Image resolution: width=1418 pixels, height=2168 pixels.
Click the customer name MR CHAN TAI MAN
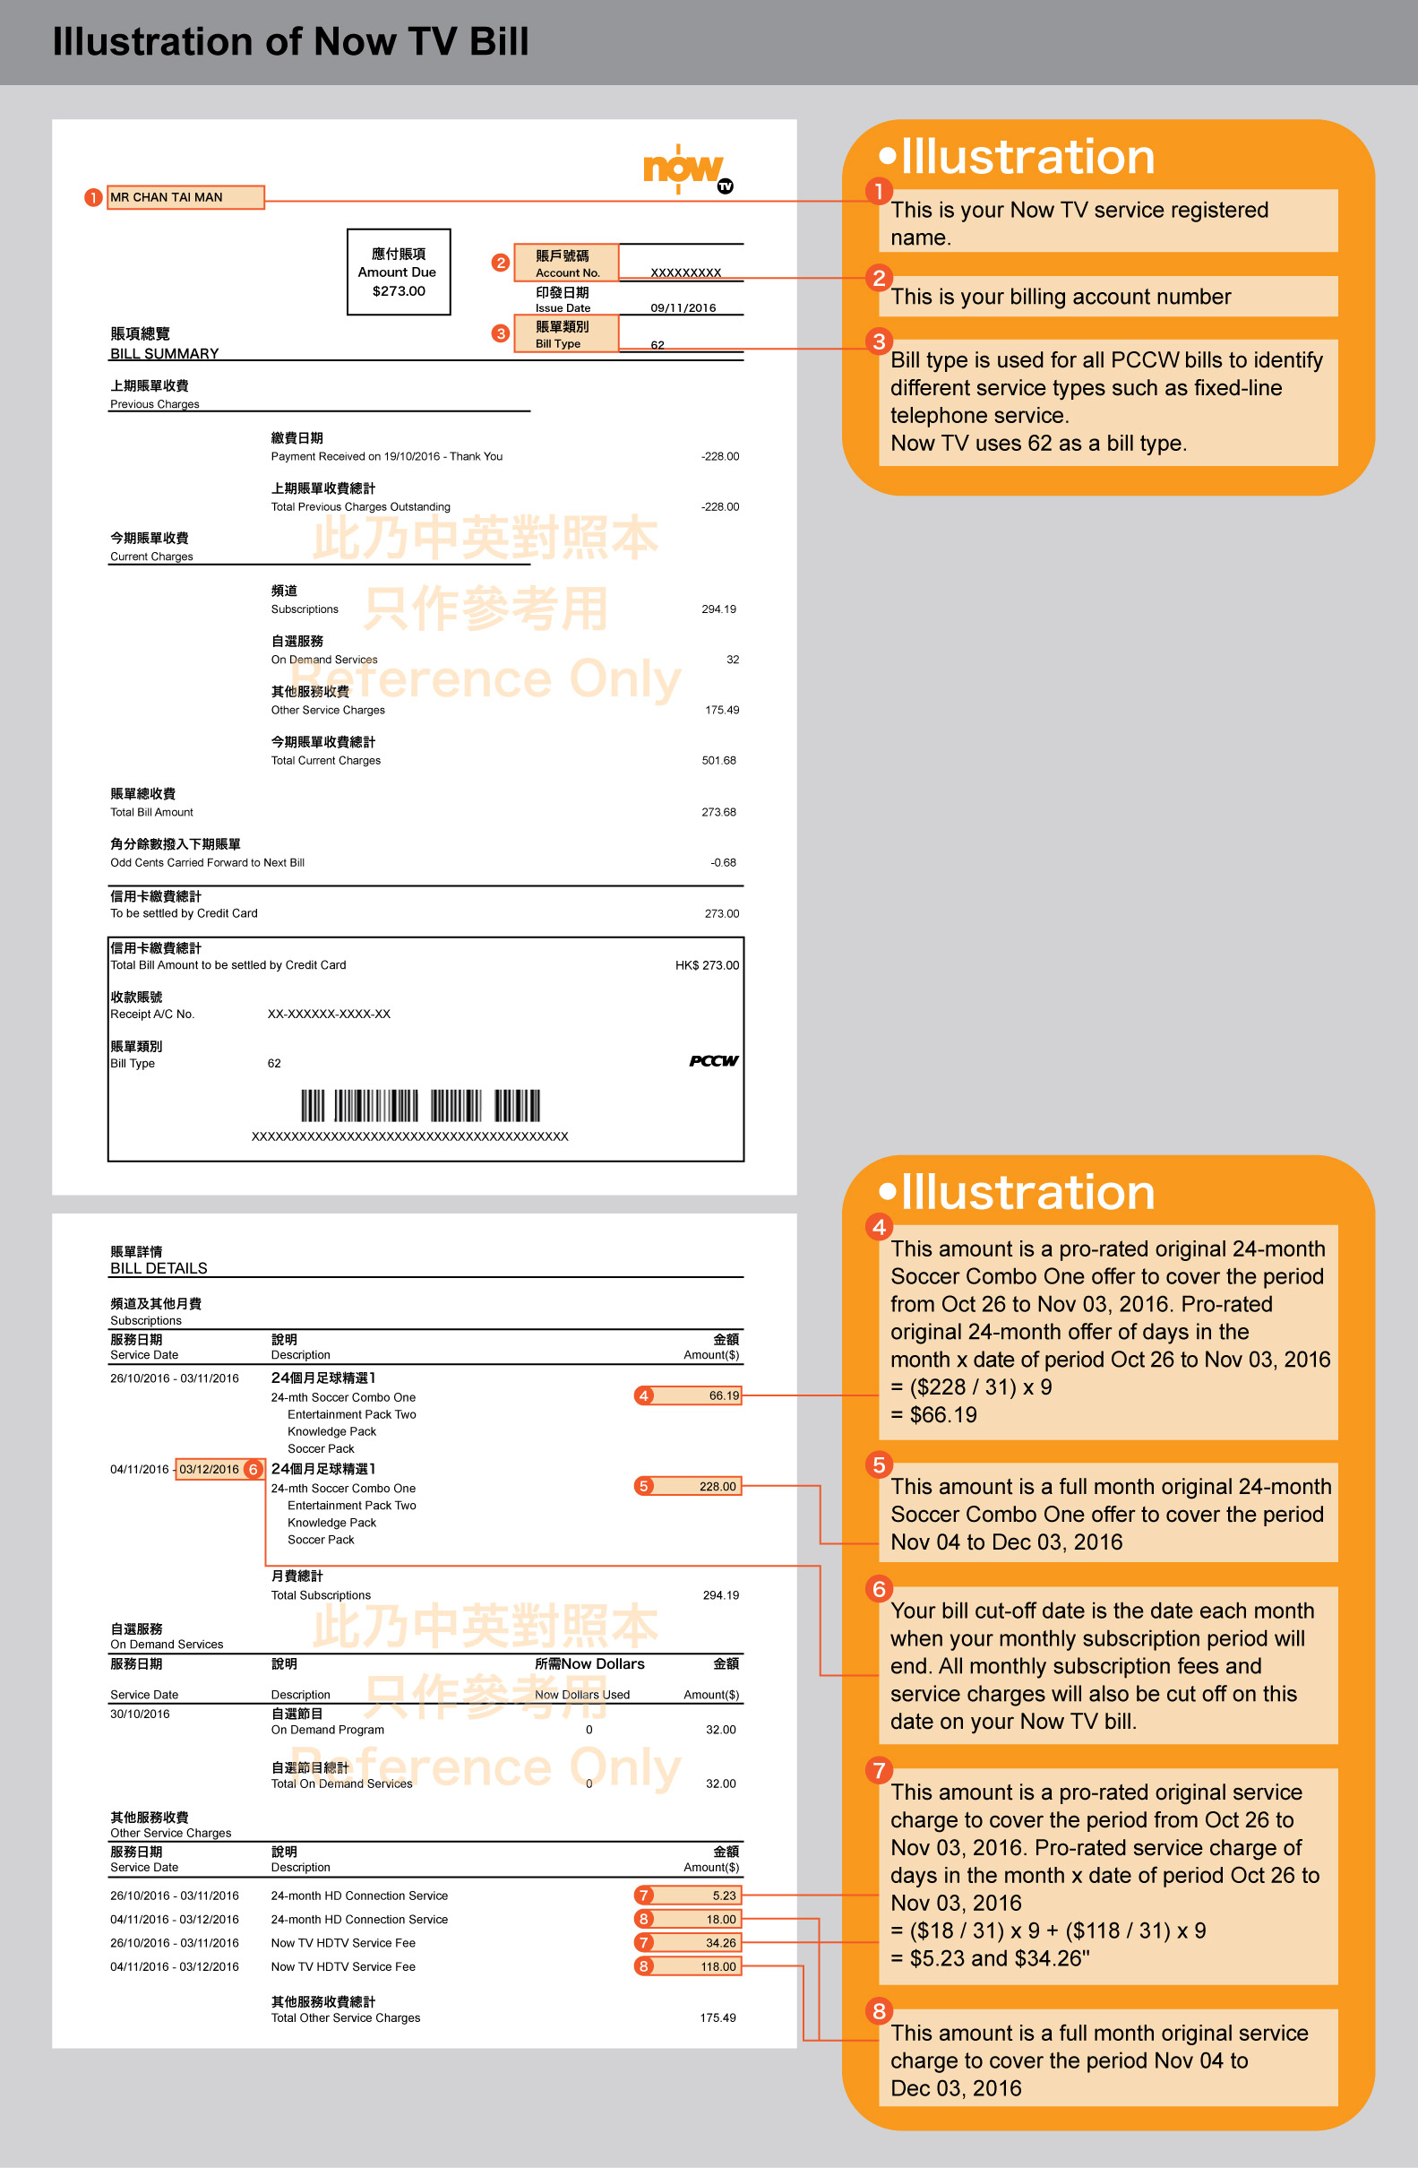[x=167, y=198]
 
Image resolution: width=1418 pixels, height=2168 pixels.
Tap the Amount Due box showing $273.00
[x=399, y=272]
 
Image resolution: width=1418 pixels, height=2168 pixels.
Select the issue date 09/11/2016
[x=683, y=308]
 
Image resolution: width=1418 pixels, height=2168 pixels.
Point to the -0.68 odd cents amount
[x=723, y=863]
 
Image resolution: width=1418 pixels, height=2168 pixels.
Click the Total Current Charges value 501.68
[x=718, y=761]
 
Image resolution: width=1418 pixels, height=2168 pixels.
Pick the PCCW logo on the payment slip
[x=713, y=1061]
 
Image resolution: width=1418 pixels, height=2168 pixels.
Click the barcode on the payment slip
[x=421, y=1106]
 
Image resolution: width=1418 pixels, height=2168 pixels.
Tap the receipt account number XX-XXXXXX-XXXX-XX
[x=329, y=1015]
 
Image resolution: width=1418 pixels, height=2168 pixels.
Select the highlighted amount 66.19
[x=723, y=1395]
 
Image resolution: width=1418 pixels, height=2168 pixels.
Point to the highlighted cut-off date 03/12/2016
[x=209, y=1469]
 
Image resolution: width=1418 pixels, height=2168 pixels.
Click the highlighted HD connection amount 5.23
[x=723, y=1896]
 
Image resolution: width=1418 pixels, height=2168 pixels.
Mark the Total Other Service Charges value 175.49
[x=718, y=2017]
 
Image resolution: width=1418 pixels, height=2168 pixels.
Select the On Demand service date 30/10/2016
[x=141, y=1715]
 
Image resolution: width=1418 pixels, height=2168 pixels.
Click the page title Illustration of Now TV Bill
[x=290, y=42]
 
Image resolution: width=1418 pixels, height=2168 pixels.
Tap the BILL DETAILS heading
[x=159, y=1268]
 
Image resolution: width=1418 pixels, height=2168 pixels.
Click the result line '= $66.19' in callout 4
[x=933, y=1414]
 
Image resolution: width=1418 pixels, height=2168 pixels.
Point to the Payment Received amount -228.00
[x=719, y=456]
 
